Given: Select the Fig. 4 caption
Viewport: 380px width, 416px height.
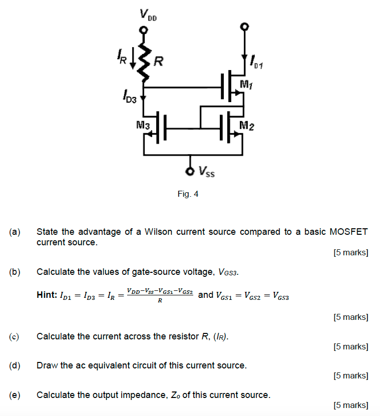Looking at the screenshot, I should [188, 194].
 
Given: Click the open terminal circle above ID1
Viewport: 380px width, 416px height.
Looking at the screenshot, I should [244, 26].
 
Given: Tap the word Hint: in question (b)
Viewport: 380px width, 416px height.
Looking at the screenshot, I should [47, 295].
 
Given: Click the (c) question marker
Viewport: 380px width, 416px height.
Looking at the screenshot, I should [15, 336].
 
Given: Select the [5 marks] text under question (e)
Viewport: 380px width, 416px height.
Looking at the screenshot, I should [350, 405].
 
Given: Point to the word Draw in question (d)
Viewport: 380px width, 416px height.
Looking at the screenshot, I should [47, 365].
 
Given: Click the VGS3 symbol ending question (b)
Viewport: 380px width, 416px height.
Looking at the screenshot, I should [229, 273].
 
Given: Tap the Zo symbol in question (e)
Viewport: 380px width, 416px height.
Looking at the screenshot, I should [174, 395].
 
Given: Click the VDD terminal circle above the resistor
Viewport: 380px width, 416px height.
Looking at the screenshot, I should [144, 30].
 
